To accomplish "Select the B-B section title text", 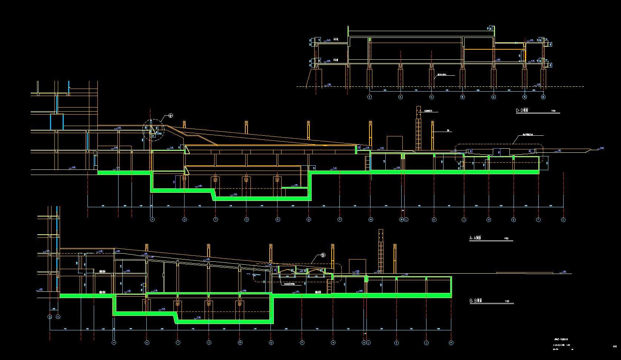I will pos(475,301).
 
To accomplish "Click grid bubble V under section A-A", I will pos(152,219).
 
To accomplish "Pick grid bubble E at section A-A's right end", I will pos(563,219).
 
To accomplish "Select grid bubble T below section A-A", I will pos(216,219).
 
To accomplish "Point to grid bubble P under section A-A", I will pos(340,219).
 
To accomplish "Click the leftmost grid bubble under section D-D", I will pos(369,97).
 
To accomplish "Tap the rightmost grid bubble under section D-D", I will pos(543,97).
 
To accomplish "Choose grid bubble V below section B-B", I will pos(114,343).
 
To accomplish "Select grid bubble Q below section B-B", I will pos(271,343).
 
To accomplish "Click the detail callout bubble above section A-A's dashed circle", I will pos(170,115).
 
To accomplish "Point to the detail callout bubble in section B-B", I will pos(323,255).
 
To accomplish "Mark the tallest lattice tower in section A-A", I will pos(418,128).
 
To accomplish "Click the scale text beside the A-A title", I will pos(506,238).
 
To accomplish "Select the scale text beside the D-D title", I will pos(554,111).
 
